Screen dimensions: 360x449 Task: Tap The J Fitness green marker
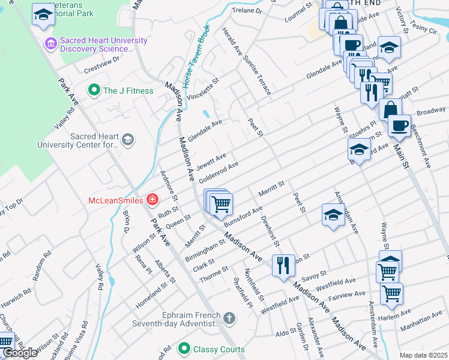click(x=94, y=91)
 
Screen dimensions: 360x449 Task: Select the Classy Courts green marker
click(x=184, y=349)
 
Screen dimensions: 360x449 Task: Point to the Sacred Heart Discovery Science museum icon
click(x=50, y=44)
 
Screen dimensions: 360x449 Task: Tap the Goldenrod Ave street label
click(x=219, y=172)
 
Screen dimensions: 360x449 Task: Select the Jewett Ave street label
click(x=211, y=161)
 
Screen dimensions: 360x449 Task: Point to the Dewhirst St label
click(x=271, y=230)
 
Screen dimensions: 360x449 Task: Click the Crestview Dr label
click(x=102, y=63)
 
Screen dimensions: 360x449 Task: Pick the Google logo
click(x=20, y=353)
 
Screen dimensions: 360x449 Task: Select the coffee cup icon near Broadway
click(x=399, y=125)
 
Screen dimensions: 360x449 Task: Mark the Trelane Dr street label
click(x=248, y=11)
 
